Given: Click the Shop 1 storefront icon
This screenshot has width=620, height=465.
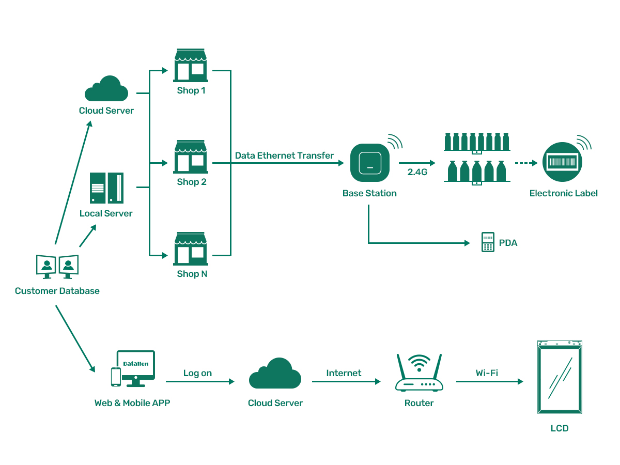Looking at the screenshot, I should click(x=191, y=66).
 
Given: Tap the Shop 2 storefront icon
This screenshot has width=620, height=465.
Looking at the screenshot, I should click(x=191, y=157).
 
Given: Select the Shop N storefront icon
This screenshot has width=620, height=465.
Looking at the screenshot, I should click(x=191, y=249).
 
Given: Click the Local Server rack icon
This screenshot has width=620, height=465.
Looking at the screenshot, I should click(x=106, y=188).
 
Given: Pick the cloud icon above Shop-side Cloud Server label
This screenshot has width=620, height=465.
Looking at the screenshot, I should click(x=106, y=89).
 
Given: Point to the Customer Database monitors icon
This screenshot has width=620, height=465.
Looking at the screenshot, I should click(x=57, y=267).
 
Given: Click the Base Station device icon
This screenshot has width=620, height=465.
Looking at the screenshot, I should click(x=369, y=163).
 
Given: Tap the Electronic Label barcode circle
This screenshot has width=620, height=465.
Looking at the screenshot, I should click(x=562, y=162).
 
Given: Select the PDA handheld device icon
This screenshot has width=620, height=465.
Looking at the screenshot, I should click(x=487, y=242).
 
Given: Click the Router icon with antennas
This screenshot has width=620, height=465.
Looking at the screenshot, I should click(x=419, y=373).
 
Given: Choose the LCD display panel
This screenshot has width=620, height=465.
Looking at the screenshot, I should click(x=560, y=377).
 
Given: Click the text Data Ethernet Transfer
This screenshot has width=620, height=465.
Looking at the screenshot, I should click(x=284, y=156).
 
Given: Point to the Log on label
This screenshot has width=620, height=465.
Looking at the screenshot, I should click(x=197, y=373).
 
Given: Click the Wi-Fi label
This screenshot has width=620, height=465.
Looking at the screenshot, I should click(x=487, y=373).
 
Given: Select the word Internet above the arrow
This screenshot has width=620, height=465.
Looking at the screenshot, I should click(x=344, y=373).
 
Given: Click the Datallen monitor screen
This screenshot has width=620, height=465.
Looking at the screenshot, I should click(x=136, y=364).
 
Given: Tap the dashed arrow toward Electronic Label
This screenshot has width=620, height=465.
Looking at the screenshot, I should click(x=526, y=163).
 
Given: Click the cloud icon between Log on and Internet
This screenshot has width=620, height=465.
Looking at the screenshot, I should click(x=275, y=374).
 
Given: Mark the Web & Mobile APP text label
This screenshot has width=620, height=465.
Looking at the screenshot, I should click(x=132, y=403).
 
